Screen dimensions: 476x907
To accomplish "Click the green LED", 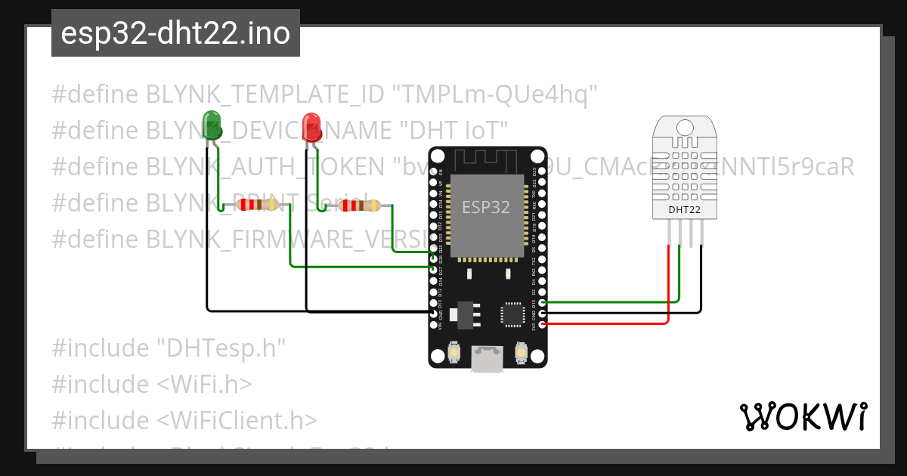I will (x=212, y=124).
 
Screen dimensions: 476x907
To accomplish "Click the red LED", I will (x=311, y=126).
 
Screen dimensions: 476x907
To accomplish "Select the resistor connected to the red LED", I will (x=352, y=206).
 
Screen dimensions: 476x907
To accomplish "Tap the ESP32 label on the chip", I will (x=486, y=206).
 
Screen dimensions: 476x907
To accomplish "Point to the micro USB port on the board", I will (x=487, y=358).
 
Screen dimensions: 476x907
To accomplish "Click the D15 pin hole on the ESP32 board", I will (x=542, y=302).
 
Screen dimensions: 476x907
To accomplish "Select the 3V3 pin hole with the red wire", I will (x=542, y=324).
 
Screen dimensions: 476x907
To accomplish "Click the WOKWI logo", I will (x=803, y=416).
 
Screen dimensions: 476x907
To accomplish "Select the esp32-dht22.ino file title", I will (x=175, y=33).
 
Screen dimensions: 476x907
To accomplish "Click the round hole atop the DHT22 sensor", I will (x=685, y=126).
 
